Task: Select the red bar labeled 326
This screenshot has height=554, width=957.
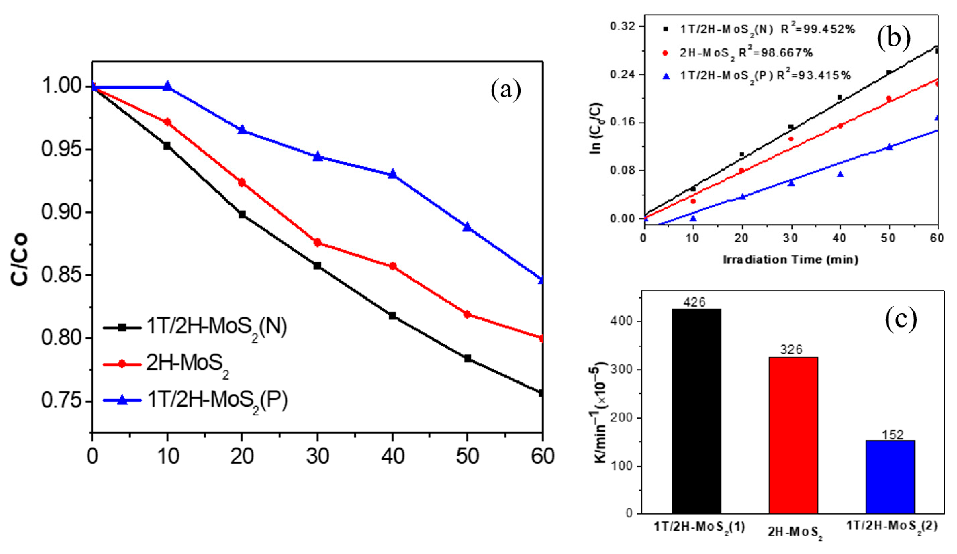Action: coord(793,435)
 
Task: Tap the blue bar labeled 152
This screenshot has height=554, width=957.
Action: coord(890,477)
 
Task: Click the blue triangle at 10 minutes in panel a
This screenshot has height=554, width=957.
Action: coord(167,86)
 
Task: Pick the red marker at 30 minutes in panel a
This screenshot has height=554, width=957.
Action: coord(317,242)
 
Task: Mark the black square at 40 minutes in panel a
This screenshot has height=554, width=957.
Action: coord(392,315)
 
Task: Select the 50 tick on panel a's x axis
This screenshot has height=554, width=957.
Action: coord(467,455)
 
